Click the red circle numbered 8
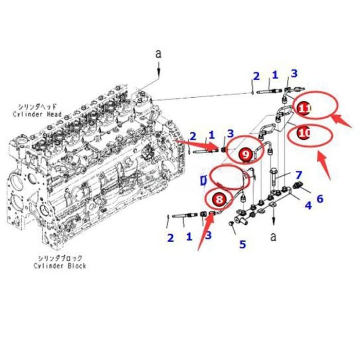coord(220,197)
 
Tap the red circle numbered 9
coord(246,153)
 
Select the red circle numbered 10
coord(305,133)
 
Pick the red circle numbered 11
coord(304,108)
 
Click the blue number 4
coord(308,206)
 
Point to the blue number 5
coord(243,244)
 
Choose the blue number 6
coord(320,198)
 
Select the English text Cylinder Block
coord(60,265)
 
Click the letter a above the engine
coord(158,53)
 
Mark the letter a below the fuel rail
coord(273,237)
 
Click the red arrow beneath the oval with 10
coord(323,165)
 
